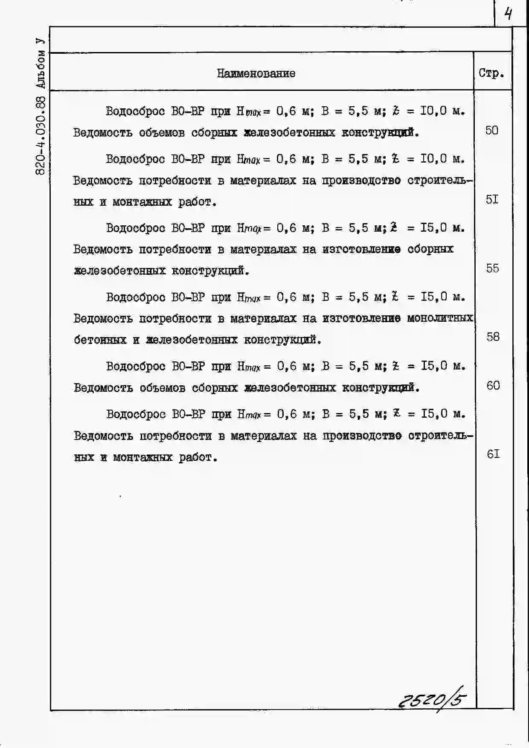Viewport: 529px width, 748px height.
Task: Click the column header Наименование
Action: click(256, 73)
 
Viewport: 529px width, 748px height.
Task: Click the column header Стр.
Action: click(491, 73)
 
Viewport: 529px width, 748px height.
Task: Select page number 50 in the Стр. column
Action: click(491, 130)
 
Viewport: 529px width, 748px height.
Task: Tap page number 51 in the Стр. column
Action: click(492, 199)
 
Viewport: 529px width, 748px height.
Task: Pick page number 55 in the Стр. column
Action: click(492, 268)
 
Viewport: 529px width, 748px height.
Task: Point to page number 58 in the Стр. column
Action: click(493, 337)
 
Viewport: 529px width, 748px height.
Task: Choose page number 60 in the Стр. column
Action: click(493, 385)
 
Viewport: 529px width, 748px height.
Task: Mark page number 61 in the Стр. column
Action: click(493, 454)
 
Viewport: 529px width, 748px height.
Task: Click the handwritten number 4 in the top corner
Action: click(508, 15)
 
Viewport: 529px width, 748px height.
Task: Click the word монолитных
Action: click(440, 318)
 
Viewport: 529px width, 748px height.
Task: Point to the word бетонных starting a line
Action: click(100, 340)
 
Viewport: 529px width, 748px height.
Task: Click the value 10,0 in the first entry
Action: click(433, 111)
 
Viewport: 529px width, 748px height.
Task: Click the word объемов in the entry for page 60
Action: click(162, 388)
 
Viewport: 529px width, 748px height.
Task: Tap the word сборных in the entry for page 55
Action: click(430, 249)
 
